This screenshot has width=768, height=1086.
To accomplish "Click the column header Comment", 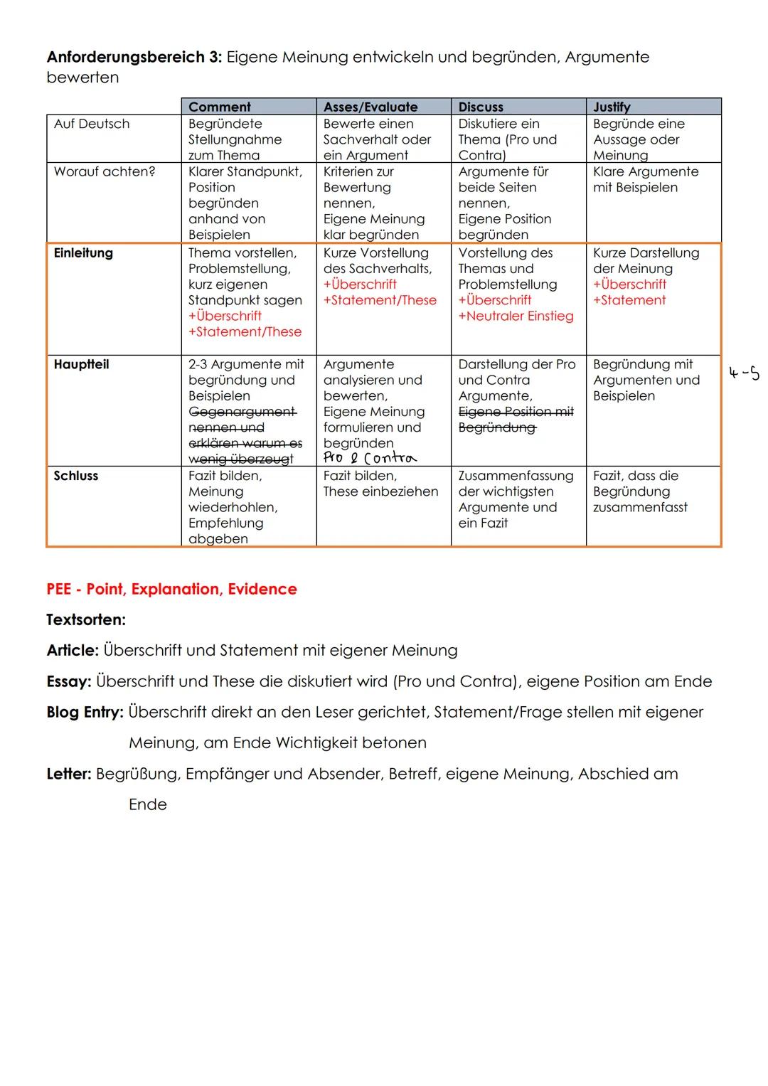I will [219, 107].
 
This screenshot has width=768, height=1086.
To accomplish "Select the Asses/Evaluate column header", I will [370, 107].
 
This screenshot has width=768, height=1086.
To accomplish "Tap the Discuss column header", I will [481, 107].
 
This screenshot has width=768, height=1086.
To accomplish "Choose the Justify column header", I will [612, 107].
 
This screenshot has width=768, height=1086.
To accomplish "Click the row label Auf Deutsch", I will [92, 124].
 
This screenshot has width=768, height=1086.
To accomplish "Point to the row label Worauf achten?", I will [104, 171].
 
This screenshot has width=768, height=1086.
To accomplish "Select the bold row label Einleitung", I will [83, 252].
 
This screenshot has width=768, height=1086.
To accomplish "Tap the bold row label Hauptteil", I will [81, 364].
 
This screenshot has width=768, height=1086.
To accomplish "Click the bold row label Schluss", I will [75, 476].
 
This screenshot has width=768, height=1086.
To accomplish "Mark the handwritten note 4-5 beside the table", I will [744, 373].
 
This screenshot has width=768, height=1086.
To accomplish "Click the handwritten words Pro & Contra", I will [370, 458].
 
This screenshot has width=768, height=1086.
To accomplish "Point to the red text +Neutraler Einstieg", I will [516, 316].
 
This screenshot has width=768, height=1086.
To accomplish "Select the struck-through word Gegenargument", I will [242, 412].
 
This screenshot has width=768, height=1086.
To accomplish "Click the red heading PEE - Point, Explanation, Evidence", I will [171, 589].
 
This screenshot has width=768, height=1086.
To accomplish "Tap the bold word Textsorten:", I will [86, 619].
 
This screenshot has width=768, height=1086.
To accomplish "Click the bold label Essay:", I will [69, 681].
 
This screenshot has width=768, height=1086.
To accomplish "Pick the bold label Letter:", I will [69, 774].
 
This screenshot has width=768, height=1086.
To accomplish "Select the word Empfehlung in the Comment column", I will [225, 523].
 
